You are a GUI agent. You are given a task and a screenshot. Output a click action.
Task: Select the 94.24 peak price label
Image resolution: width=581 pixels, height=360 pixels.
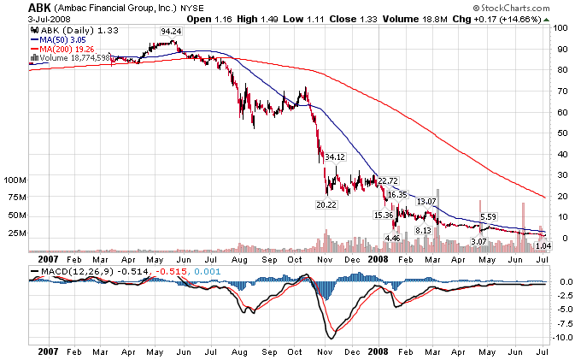(x=170, y=31)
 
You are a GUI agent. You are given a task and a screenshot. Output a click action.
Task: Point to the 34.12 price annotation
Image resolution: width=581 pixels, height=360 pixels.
(x=335, y=156)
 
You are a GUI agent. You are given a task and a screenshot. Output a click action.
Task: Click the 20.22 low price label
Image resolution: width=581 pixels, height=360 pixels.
(x=325, y=205)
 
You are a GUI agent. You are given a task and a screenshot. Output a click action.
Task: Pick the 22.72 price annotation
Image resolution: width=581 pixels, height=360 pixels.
(x=388, y=180)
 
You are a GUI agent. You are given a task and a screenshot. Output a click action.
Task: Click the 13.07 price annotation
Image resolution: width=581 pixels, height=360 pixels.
(x=426, y=201)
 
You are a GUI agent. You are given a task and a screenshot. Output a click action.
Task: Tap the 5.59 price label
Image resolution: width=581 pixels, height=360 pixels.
(x=489, y=216)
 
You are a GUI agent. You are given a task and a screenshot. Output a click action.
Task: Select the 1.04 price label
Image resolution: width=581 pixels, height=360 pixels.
(x=543, y=245)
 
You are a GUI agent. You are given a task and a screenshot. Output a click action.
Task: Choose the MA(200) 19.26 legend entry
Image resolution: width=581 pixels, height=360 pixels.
(x=66, y=49)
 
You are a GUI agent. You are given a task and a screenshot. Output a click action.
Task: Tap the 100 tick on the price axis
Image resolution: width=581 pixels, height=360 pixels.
(x=560, y=27)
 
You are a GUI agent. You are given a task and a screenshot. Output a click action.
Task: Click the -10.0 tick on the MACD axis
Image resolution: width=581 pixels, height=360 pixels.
(x=562, y=338)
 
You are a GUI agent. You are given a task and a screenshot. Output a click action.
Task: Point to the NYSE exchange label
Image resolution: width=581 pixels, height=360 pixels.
(x=191, y=8)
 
